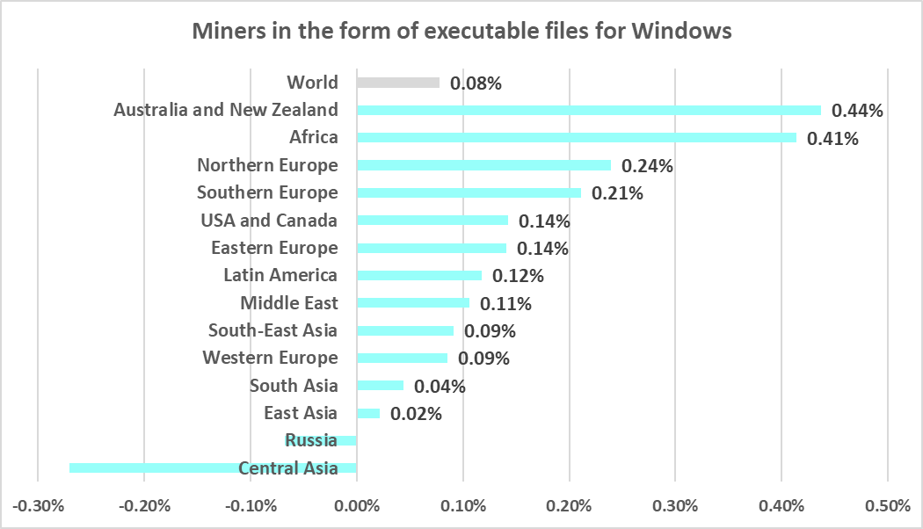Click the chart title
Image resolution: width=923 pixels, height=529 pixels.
coord(461,32)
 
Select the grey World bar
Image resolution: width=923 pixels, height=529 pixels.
coord(398,83)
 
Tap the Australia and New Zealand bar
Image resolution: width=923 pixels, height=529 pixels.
coord(589,110)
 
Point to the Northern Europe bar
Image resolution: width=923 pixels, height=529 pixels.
coord(484,165)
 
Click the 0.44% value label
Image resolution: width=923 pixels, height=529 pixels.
coord(857,111)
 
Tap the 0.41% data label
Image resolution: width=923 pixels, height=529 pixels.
coord(832,139)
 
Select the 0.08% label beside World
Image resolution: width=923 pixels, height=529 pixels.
coord(476,83)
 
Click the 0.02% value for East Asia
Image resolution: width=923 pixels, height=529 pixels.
coord(416,414)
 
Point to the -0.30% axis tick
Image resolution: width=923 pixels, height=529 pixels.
coord(38,507)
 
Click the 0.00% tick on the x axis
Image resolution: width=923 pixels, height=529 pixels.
coord(357,507)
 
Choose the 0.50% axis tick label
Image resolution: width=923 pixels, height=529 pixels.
coord(888,507)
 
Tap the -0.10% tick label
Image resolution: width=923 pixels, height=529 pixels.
coord(251,507)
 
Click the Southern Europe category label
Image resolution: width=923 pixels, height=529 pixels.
coord(267,192)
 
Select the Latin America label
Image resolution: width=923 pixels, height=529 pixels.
coord(280,275)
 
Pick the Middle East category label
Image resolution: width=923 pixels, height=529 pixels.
coord(288,303)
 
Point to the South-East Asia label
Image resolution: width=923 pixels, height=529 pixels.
coord(273,330)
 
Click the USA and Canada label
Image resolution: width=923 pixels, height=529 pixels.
coord(269,220)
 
